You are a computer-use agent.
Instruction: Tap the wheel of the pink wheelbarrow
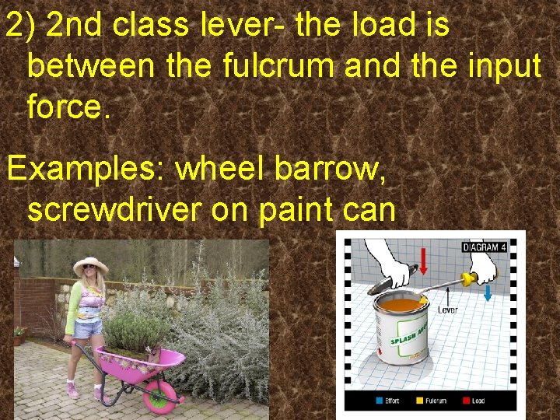tap(161, 391)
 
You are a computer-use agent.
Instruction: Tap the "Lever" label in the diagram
tap(447, 310)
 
